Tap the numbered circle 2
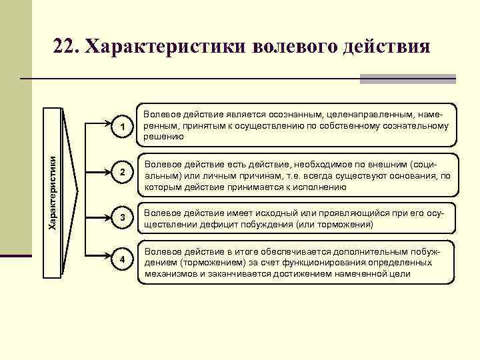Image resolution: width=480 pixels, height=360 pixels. point(121,173)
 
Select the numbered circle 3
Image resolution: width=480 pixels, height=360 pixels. point(121,218)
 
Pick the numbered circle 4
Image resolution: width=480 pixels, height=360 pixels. point(121,259)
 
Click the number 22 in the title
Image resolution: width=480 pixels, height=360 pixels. point(67,48)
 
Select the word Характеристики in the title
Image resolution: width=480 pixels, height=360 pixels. point(167,48)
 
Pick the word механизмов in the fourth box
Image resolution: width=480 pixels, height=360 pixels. point(171,273)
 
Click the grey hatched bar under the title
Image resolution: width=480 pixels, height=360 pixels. point(407,79)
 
